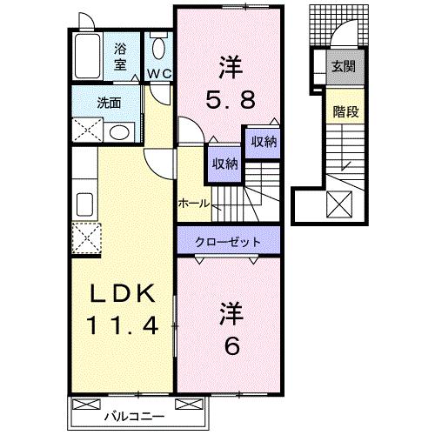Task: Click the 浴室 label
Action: click(120, 55)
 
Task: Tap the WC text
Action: click(157, 73)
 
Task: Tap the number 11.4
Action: click(122, 327)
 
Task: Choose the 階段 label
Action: click(342, 111)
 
